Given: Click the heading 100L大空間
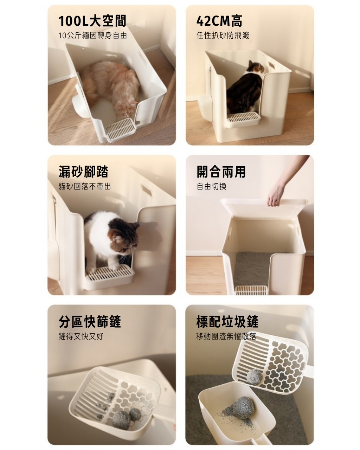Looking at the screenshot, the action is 92,21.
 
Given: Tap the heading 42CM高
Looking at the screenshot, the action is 219,21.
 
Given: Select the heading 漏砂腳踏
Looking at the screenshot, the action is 83,172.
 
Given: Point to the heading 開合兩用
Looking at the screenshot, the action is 221,172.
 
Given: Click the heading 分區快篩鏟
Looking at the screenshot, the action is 90,321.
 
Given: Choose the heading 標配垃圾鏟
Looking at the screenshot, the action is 227,321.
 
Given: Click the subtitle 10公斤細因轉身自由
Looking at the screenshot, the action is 93,36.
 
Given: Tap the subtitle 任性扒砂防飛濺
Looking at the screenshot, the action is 223,36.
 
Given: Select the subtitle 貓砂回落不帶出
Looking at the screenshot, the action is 85,186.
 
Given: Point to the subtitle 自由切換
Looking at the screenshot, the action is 212,186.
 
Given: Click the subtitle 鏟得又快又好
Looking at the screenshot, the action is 81,336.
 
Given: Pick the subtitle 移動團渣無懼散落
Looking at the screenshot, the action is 226,336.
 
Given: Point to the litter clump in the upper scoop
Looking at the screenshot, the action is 254,377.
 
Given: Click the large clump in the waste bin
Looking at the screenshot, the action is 243,408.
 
